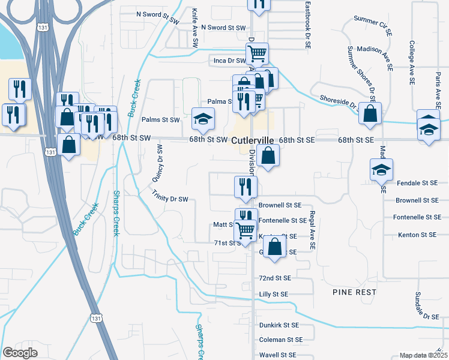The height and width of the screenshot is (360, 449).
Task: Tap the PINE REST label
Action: click(x=354, y=292)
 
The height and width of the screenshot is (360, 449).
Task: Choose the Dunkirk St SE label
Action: click(x=279, y=325)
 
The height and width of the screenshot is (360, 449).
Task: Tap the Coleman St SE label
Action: click(x=279, y=340)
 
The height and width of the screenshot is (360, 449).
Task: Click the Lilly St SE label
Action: click(x=274, y=295)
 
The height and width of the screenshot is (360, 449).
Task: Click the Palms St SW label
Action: click(x=161, y=119)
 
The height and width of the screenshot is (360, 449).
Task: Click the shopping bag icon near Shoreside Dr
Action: click(x=370, y=113)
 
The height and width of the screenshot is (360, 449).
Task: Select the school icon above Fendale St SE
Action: click(x=381, y=170)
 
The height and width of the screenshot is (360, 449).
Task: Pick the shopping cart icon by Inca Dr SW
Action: click(x=257, y=54)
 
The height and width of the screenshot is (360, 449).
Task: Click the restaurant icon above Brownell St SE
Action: click(x=246, y=187)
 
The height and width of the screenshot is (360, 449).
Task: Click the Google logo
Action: click(x=20, y=353)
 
